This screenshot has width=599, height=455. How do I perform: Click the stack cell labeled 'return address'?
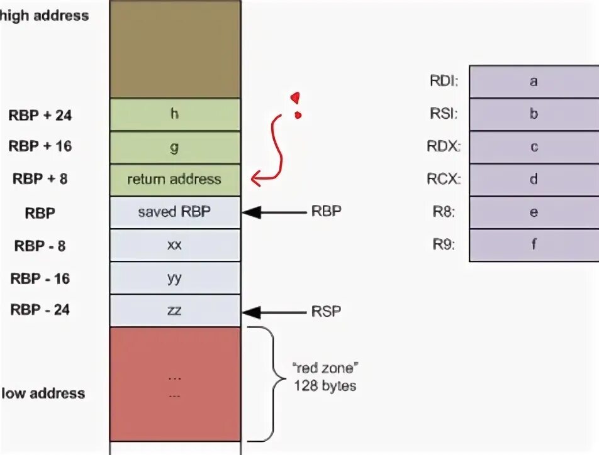coord(174,180)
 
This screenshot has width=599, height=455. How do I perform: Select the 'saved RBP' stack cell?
coord(174,212)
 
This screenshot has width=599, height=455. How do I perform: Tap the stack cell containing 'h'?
coord(174,114)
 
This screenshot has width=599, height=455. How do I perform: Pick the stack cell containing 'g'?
coord(174,147)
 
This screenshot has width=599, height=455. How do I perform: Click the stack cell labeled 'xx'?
coord(174,245)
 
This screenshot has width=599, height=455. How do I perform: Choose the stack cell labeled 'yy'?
coord(174,278)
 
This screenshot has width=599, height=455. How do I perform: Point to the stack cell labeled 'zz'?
coord(174,310)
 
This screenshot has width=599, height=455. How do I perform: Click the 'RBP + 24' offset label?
coord(40,115)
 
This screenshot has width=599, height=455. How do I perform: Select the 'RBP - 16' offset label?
coord(40,278)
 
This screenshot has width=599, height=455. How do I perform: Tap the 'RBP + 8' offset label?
coord(40,179)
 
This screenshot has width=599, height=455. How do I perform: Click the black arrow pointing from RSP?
coord(273,311)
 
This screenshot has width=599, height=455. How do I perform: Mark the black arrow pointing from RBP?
coord(273,212)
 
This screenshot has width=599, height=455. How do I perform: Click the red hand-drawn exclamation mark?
coord(295,105)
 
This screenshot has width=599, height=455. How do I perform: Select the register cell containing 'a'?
coord(534,82)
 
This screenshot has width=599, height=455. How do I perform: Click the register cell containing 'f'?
coord(534,245)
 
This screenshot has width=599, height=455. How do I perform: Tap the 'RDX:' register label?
coord(444,147)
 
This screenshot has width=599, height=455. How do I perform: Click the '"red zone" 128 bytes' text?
coord(325,376)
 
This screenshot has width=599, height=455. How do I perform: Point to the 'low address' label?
coord(43,393)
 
